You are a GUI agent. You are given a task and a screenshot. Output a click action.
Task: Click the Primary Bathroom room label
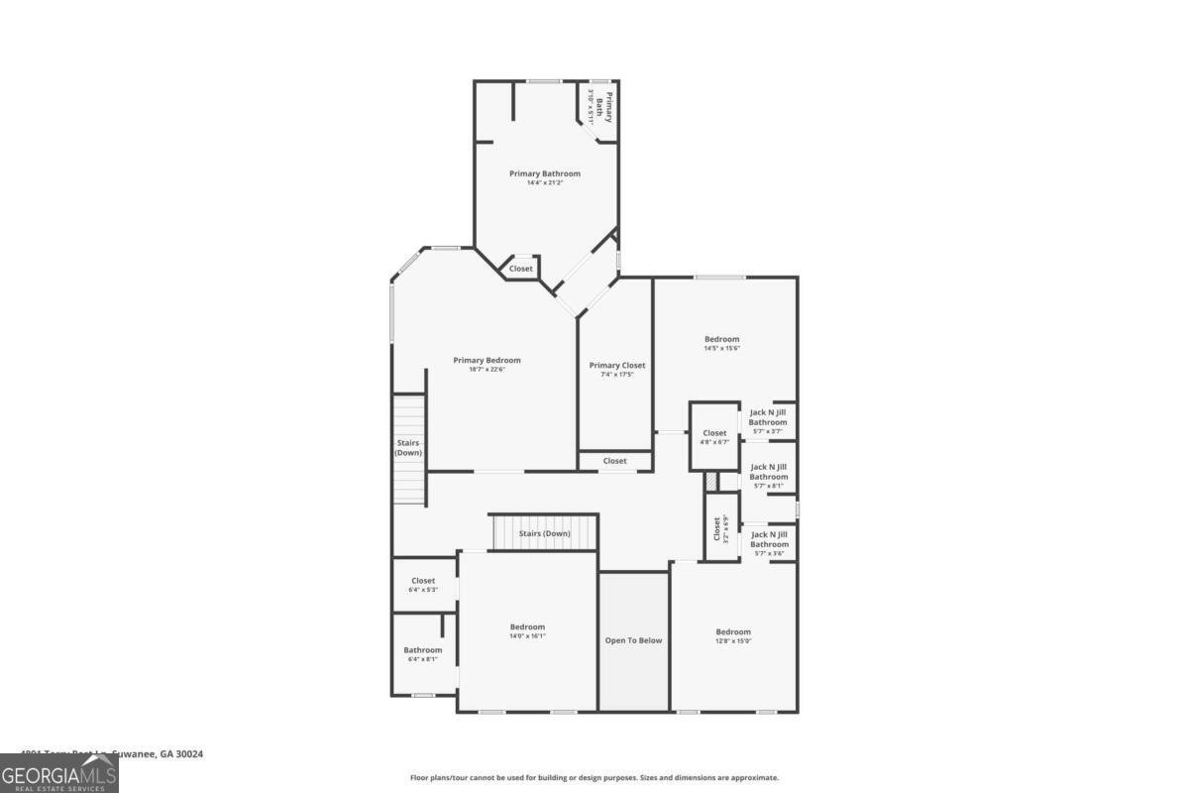[x=545, y=173]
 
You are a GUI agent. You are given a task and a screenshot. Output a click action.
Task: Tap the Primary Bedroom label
[x=486, y=360]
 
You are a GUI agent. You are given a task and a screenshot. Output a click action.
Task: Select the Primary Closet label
[x=617, y=365]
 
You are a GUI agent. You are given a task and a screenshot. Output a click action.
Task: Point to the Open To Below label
[x=633, y=640]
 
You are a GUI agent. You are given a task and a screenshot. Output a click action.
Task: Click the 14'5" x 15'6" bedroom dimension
[x=722, y=348]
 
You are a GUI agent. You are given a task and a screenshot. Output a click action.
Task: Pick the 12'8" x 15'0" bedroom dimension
[x=733, y=640]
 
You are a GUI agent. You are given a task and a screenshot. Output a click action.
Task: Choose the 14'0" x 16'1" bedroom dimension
[x=527, y=635]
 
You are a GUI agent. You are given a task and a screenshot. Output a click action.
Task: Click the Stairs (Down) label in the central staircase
[x=545, y=533]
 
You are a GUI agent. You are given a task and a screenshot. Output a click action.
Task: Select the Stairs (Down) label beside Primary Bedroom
[x=408, y=447]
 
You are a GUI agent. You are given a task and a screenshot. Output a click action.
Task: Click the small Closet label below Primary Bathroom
[x=520, y=269]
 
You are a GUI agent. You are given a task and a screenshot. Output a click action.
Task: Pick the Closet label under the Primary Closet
[x=614, y=461]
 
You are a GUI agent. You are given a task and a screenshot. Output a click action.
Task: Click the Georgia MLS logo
[x=59, y=773]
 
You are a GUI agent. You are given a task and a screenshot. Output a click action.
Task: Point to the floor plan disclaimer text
[x=594, y=778]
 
